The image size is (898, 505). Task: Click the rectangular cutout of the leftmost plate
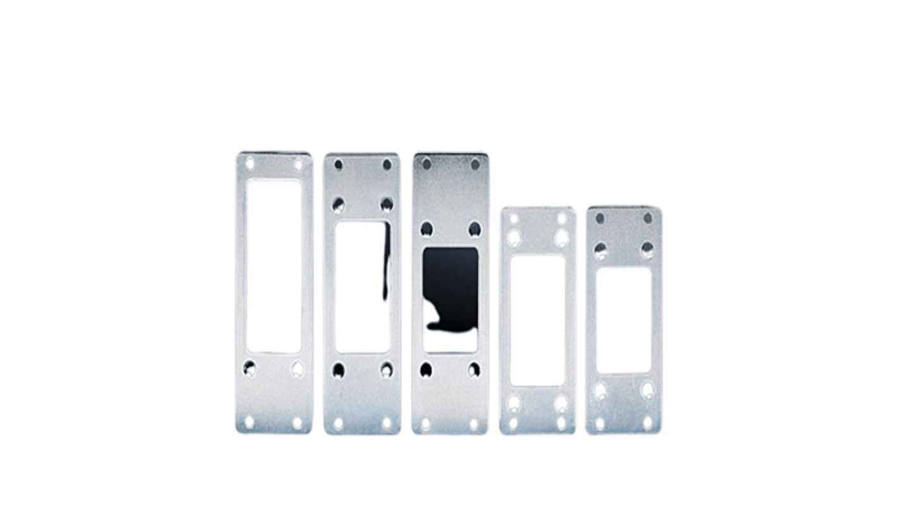[x=274, y=266]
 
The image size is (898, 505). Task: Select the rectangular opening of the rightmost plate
[x=624, y=320]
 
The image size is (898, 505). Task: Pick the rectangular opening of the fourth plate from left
[x=538, y=320]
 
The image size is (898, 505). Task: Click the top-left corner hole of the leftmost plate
[x=250, y=163]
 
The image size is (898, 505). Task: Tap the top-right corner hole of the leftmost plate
[x=298, y=164]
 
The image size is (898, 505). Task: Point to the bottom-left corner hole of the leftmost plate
[x=249, y=421]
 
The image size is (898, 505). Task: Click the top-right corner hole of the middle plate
[x=475, y=165]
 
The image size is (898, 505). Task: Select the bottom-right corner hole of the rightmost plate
[x=647, y=423]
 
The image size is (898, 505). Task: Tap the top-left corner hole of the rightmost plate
[x=600, y=218]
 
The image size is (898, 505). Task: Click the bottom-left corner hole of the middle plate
[x=426, y=423]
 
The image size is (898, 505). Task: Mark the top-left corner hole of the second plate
[x=338, y=165]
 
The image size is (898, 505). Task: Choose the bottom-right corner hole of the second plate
[x=386, y=422]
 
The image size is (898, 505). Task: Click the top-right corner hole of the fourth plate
[x=562, y=218]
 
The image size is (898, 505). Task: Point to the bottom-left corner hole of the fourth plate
[x=514, y=423]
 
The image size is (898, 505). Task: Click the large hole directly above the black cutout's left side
[x=427, y=228]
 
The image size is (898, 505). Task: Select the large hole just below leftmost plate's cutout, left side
[x=250, y=368]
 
